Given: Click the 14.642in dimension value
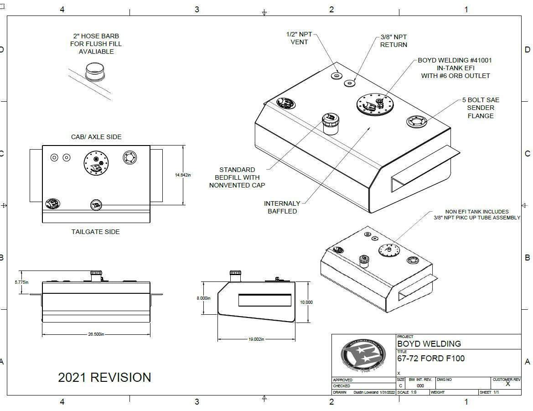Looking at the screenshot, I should (x=183, y=175).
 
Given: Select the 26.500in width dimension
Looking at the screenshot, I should (x=96, y=334).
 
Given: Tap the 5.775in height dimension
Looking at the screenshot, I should (x=21, y=282).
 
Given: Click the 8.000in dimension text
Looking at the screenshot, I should (x=203, y=298).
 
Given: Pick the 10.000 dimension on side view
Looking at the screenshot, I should (x=306, y=302).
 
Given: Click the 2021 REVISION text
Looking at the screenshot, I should (x=104, y=377).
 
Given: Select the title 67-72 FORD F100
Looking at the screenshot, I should (x=431, y=359).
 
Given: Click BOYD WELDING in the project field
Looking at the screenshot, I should (x=429, y=344).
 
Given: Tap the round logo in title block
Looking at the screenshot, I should (x=363, y=356).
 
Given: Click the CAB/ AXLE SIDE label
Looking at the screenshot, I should (x=96, y=137).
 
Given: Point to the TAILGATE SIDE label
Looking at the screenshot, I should (x=96, y=232).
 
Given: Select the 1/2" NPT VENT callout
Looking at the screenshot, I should (x=299, y=38).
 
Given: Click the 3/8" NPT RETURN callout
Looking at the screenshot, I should (x=393, y=41).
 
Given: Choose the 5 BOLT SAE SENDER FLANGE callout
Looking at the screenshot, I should (x=481, y=108).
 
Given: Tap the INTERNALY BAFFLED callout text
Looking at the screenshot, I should (x=282, y=207).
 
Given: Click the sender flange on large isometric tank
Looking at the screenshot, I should (x=417, y=122).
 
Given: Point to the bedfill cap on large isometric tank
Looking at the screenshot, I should (x=331, y=122).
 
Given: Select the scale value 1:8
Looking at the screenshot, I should (x=414, y=392).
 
